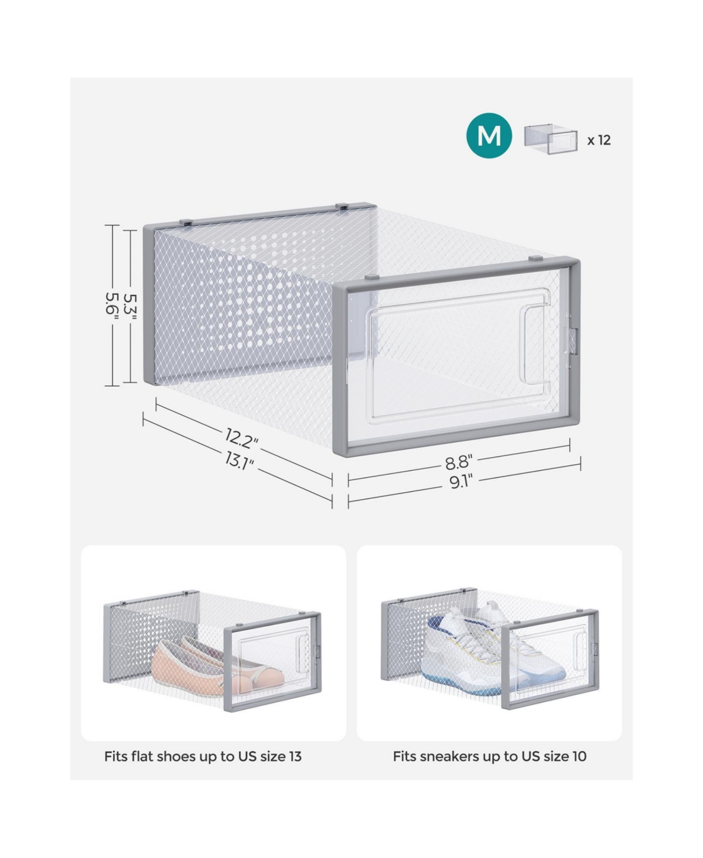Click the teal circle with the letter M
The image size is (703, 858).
(x=489, y=135)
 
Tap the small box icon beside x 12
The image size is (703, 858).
(x=551, y=139)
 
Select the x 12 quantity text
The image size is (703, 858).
(x=599, y=140)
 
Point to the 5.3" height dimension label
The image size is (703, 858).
(x=130, y=306)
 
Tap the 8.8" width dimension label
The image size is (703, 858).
(x=459, y=462)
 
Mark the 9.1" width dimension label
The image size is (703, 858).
(x=460, y=482)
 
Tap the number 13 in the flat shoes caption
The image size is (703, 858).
(x=295, y=757)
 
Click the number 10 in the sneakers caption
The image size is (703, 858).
(x=579, y=757)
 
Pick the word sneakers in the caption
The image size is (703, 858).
(x=449, y=757)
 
